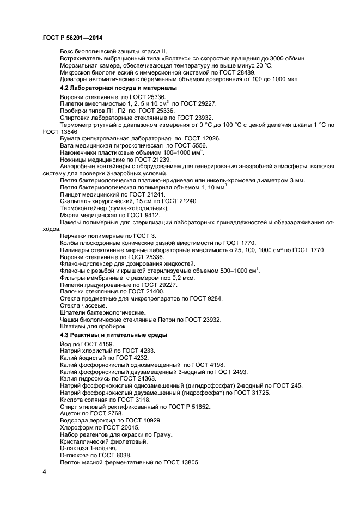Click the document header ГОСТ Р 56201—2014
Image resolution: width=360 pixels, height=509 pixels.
(x=72, y=37)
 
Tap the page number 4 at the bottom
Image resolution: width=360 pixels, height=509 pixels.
(x=44, y=471)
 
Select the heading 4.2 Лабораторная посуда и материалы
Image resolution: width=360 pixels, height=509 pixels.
(x=118, y=88)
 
